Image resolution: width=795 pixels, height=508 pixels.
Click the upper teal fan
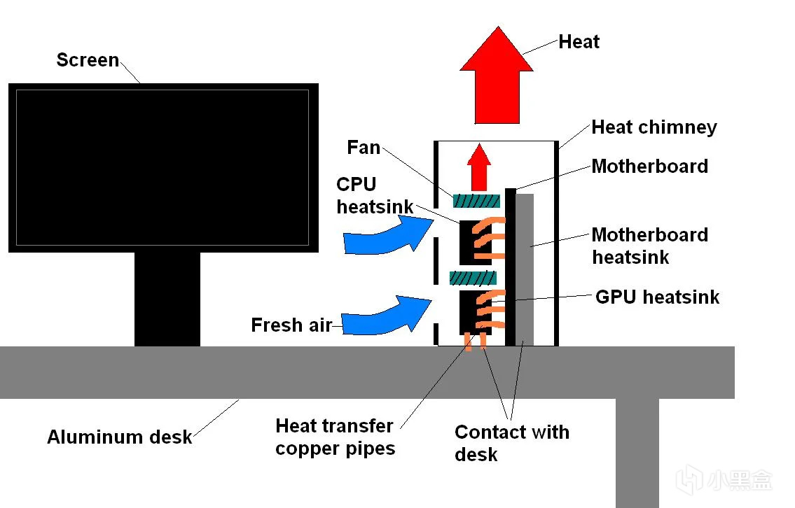476,202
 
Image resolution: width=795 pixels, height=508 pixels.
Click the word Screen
88,60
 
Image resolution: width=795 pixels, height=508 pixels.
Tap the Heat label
579,42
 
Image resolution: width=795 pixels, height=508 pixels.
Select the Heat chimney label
654,127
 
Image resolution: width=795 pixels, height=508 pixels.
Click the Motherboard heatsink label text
649,246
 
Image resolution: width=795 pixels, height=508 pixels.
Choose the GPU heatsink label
657,297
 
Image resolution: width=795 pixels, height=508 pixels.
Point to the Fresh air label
291,325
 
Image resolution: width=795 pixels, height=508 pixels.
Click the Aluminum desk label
119,437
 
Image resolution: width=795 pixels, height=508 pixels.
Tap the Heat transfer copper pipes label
335,437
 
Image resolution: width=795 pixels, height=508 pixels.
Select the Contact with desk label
511,443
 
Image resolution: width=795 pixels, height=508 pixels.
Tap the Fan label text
364,148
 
